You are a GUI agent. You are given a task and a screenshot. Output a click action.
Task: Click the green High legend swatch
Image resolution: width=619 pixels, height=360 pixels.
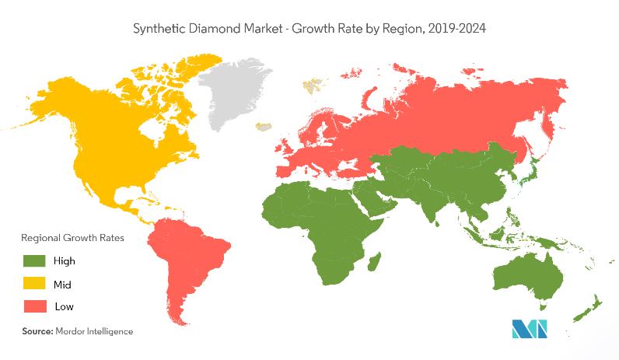click(34, 260)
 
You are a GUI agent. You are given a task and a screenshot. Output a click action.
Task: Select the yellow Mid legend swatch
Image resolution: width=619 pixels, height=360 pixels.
click(34, 284)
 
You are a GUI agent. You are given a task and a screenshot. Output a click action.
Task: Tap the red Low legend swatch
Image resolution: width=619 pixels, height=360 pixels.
click(34, 306)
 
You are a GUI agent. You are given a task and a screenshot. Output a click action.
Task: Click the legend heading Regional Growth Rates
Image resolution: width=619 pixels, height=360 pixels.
click(72, 237)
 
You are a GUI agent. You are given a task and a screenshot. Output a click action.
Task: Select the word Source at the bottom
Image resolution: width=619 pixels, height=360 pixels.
click(37, 331)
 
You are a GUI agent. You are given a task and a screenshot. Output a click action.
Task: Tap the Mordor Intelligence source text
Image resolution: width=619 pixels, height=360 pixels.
click(94, 331)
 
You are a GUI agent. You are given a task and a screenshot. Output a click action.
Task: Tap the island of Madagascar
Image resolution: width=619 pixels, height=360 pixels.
click(374, 260)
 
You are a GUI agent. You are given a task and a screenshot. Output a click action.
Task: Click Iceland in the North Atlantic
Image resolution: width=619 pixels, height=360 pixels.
click(264, 125)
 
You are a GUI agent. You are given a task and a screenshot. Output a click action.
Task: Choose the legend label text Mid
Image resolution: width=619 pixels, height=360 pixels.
click(62, 284)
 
